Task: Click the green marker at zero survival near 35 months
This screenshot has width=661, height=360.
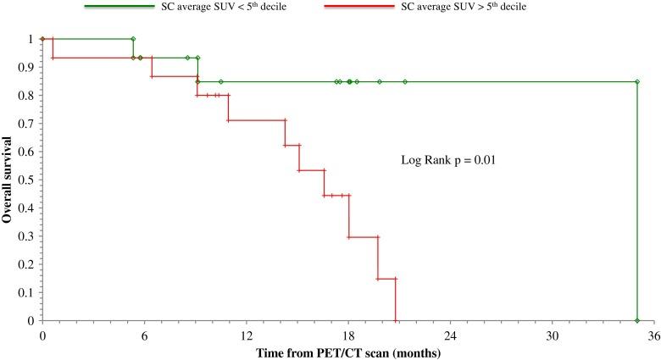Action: (x=636, y=321)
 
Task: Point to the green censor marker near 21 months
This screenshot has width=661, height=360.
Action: (x=405, y=82)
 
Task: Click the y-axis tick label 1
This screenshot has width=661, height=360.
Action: (x=31, y=39)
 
